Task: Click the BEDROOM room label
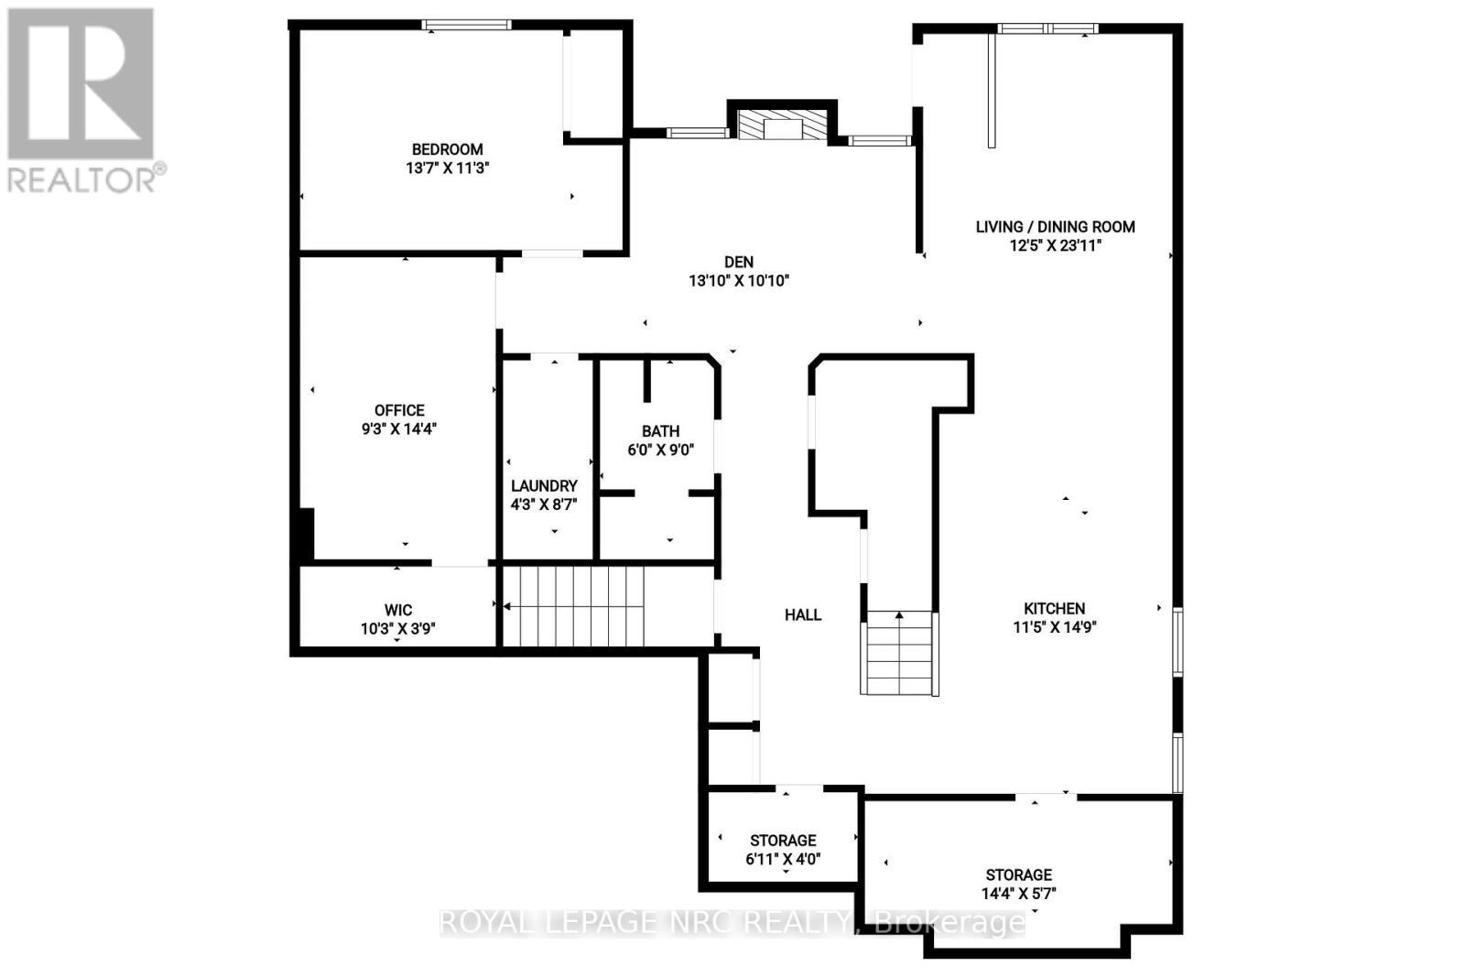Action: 447,149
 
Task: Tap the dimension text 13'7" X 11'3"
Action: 447,168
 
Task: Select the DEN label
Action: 738,262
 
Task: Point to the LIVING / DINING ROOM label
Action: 1055,226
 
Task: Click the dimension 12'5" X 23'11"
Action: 1055,245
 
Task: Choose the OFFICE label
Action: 399,410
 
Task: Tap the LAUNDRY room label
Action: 544,485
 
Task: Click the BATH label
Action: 660,430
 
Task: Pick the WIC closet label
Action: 398,610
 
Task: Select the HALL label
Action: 802,614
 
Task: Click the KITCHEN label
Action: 1055,608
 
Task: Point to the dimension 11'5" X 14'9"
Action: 1055,627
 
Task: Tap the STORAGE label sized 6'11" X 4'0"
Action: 783,840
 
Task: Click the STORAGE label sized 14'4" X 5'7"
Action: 1018,874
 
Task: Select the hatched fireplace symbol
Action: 781,126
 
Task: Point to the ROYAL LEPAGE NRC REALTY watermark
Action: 732,922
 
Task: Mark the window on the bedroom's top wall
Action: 466,26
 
